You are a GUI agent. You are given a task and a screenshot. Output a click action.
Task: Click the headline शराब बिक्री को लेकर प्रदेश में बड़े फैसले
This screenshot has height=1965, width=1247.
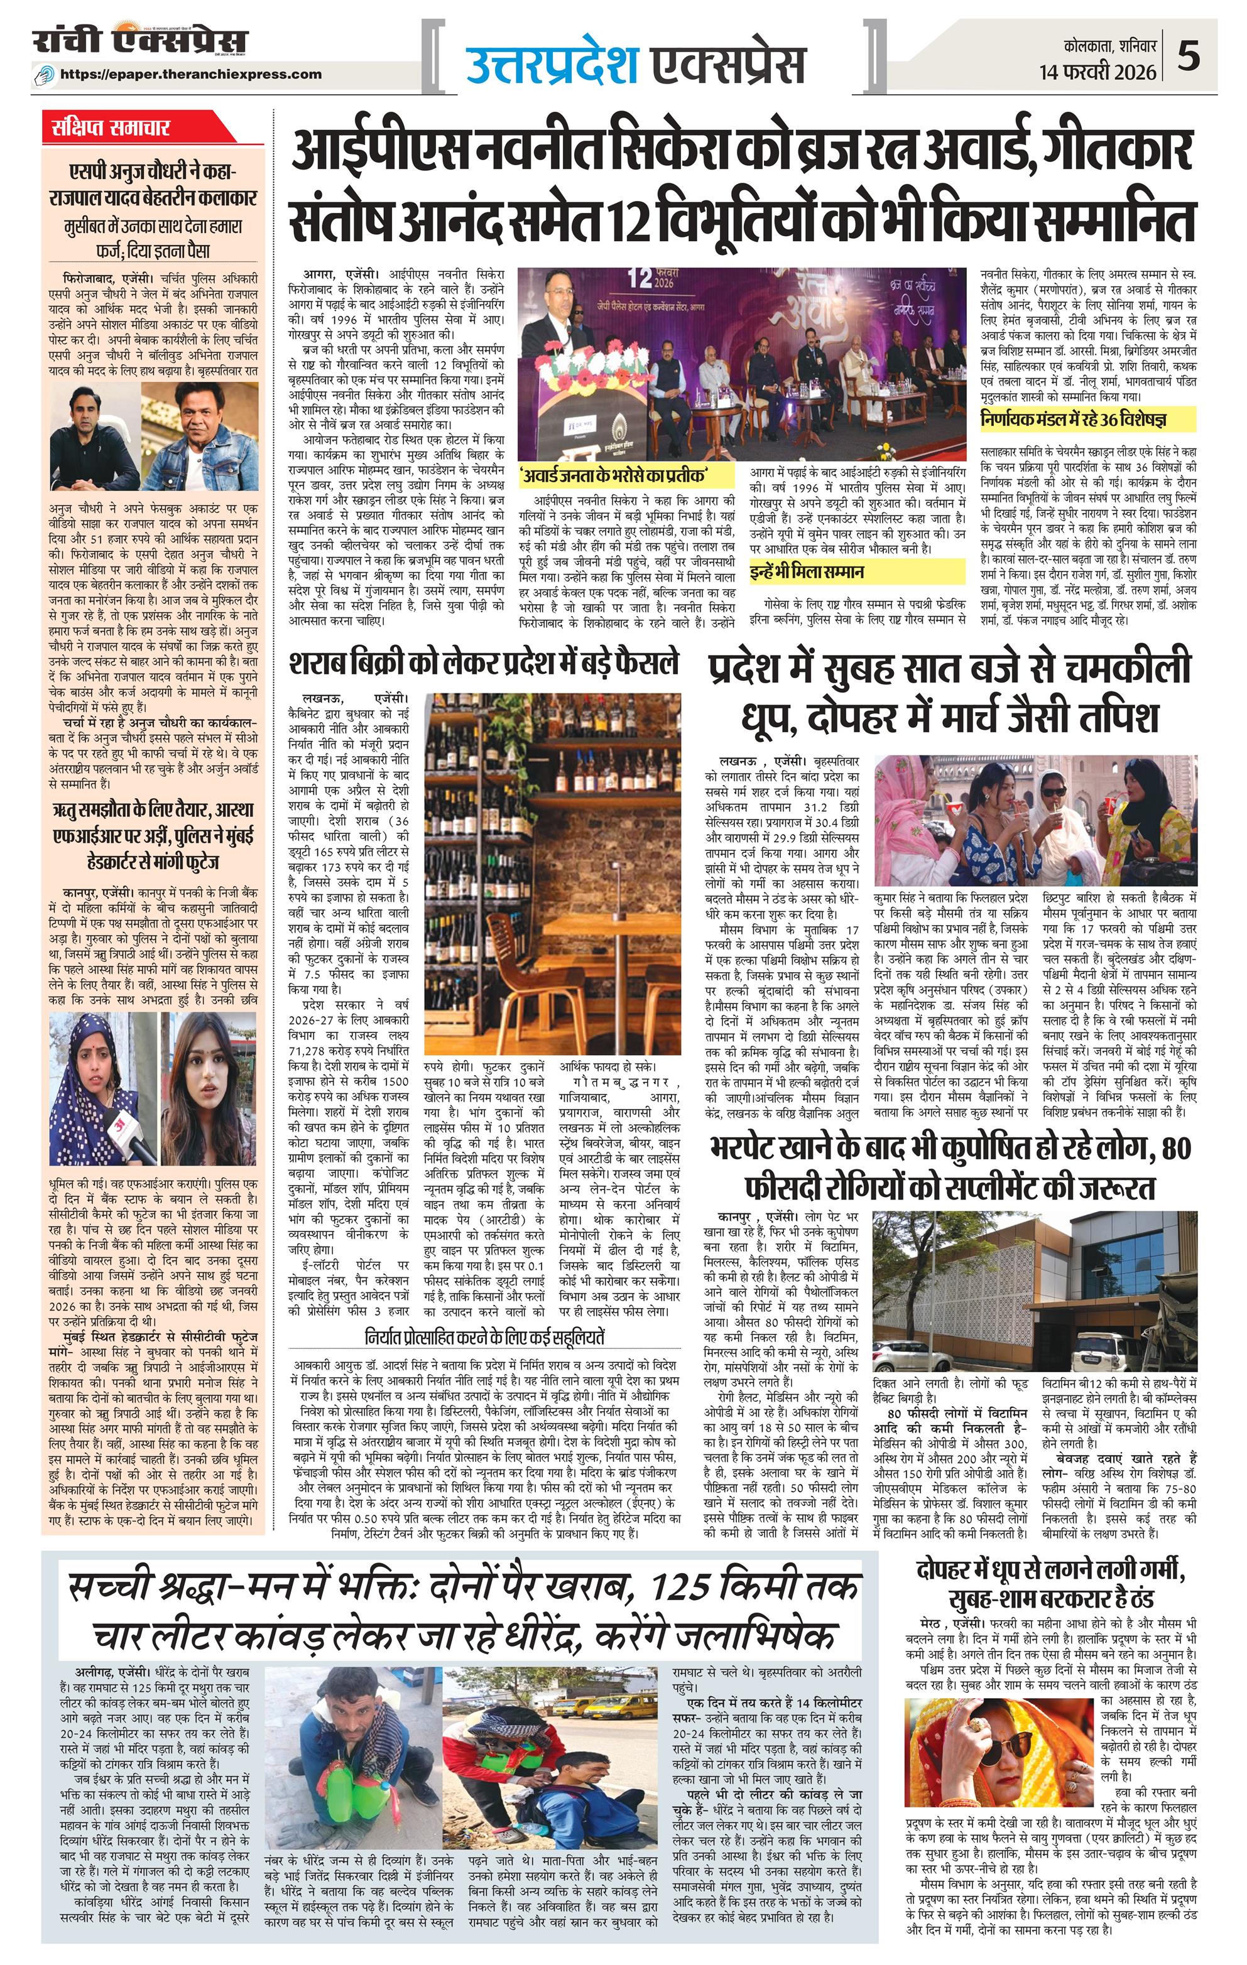pyautogui.click(x=484, y=663)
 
